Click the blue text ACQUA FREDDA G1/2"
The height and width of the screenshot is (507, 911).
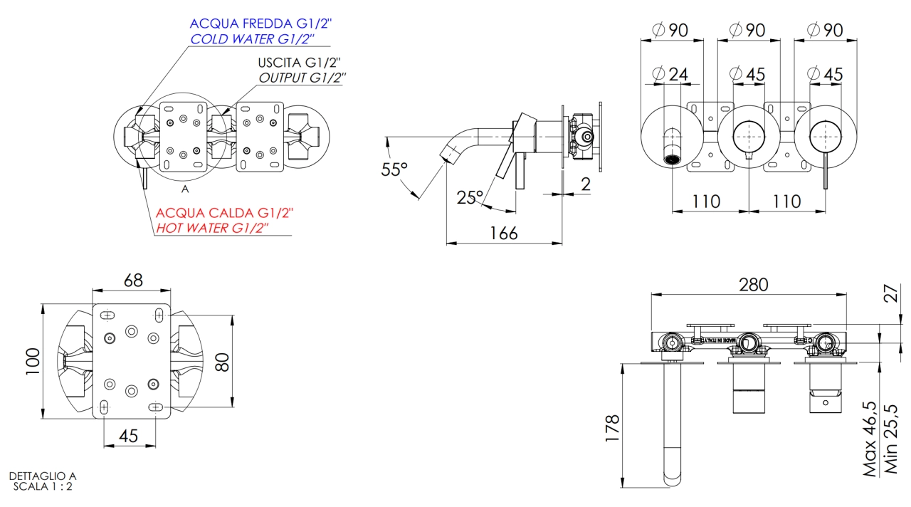point(260,23)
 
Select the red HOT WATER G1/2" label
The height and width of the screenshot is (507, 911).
point(212,228)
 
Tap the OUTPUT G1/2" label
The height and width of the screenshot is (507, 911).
point(302,78)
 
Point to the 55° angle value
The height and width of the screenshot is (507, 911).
point(394,169)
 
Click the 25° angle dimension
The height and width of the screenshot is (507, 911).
point(469,197)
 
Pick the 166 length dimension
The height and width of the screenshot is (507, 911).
point(503,233)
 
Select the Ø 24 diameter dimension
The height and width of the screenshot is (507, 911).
point(670,74)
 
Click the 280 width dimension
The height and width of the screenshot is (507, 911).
point(753,285)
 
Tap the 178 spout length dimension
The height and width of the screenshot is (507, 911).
point(612,428)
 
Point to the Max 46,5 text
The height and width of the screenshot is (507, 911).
point(870,439)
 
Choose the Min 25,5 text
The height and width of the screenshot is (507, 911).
point(890,439)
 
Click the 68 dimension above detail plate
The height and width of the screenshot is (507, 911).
point(133,281)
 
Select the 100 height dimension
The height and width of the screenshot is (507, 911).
point(33,361)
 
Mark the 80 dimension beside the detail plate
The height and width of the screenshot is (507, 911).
point(222,362)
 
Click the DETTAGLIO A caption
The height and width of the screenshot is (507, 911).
point(43,476)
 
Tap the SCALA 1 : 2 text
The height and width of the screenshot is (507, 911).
point(43,486)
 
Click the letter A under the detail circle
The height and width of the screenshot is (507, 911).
point(185,189)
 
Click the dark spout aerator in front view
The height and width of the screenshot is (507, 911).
point(673,160)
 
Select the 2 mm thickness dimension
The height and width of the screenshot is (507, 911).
point(586,184)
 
